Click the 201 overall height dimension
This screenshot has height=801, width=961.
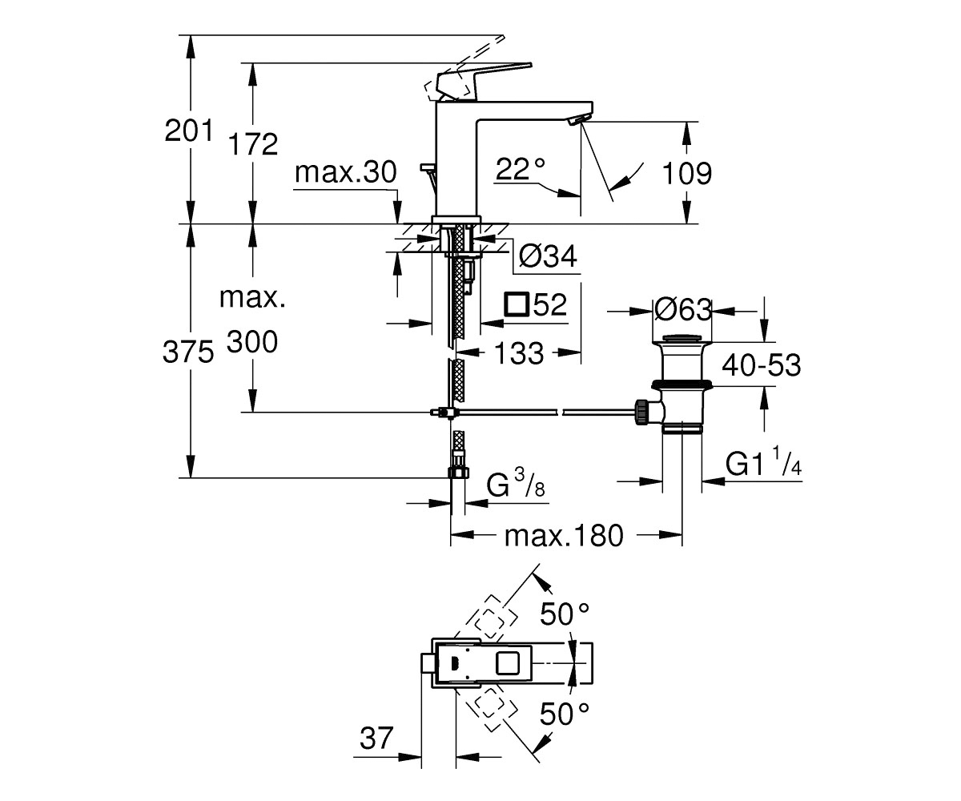coord(189,131)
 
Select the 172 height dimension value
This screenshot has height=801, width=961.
coord(253,144)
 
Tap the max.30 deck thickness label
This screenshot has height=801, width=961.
coord(346,172)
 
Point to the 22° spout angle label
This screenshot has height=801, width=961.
coord(521,169)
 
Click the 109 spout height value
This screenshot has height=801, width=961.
coord(686,174)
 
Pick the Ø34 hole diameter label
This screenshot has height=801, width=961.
coord(548,256)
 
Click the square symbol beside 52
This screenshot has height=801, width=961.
coord(517,304)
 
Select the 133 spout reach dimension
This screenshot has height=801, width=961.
coord(519,353)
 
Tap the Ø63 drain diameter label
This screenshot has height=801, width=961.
coord(683,310)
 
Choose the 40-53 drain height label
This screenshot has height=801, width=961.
coord(762,365)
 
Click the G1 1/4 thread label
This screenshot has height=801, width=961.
coord(763,463)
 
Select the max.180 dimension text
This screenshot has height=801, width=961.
coord(564,536)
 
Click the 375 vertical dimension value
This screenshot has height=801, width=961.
coord(188,352)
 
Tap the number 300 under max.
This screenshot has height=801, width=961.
coord(252,341)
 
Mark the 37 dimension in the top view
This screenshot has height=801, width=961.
coord(376,738)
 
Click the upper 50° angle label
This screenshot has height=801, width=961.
coord(565,614)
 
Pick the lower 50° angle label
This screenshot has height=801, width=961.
coord(565,714)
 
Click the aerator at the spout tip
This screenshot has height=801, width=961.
coord(576,120)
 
